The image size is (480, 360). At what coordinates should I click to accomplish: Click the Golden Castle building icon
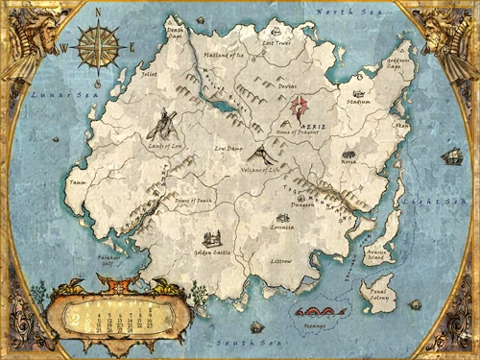[211, 239]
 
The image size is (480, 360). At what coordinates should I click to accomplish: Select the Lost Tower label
[276, 43]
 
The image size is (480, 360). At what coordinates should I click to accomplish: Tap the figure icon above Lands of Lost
[165, 122]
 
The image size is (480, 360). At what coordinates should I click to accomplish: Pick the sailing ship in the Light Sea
[450, 156]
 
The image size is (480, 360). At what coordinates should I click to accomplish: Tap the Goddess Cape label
[397, 62]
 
